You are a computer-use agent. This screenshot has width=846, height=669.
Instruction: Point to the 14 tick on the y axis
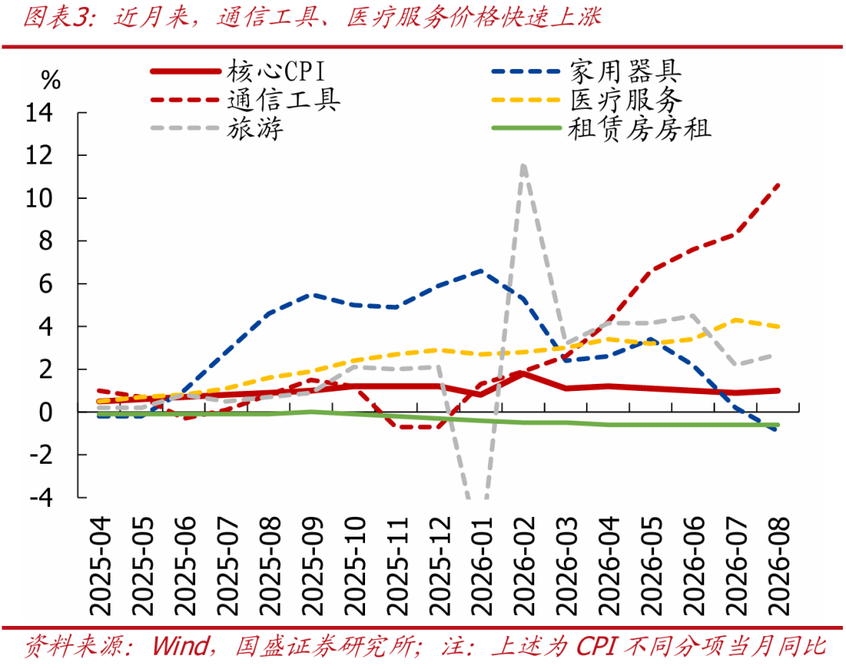click(39, 113)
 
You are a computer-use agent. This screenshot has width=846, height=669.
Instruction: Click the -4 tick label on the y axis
click(42, 497)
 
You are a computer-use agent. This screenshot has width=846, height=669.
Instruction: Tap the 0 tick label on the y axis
click(46, 412)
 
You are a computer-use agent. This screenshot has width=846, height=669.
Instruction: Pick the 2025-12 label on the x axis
click(439, 566)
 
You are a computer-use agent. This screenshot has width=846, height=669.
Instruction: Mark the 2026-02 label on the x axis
click(524, 566)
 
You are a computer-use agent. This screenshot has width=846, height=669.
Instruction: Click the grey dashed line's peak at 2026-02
click(523, 165)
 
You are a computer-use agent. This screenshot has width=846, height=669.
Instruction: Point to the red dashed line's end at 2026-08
click(778, 185)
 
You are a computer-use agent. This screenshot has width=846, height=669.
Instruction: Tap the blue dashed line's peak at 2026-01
click(481, 270)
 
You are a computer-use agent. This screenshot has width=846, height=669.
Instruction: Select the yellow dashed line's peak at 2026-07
click(736, 320)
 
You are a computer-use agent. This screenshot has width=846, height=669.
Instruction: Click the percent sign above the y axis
click(51, 81)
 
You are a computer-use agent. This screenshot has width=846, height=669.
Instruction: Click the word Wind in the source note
click(181, 645)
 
